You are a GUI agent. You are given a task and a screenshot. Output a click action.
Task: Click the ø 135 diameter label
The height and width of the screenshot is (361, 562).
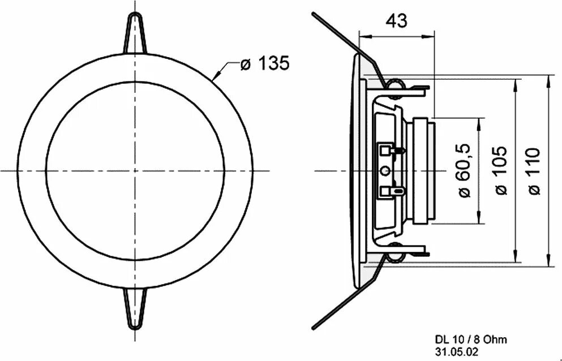pyautogui.click(x=264, y=63)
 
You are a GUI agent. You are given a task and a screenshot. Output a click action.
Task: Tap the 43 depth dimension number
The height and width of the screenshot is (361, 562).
pyautogui.click(x=396, y=21)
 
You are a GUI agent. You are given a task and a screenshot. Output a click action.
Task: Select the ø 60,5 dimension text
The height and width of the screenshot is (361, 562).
pyautogui.click(x=464, y=170)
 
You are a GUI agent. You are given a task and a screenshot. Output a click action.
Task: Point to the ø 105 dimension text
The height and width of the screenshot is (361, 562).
pyautogui.click(x=501, y=170)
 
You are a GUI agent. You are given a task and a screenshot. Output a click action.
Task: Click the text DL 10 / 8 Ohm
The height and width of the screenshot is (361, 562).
pyautogui.click(x=471, y=339)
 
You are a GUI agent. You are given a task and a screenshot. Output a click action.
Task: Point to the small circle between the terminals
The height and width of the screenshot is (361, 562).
pyautogui.click(x=385, y=170)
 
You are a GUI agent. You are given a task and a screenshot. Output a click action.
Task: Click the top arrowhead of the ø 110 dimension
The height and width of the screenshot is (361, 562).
pyautogui.click(x=549, y=80)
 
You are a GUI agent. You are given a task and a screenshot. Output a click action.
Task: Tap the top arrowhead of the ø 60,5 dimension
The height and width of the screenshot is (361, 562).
pyautogui.click(x=479, y=122)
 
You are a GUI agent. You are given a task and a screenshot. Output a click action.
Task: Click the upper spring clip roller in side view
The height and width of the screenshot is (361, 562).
pyautogui.click(x=396, y=85)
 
